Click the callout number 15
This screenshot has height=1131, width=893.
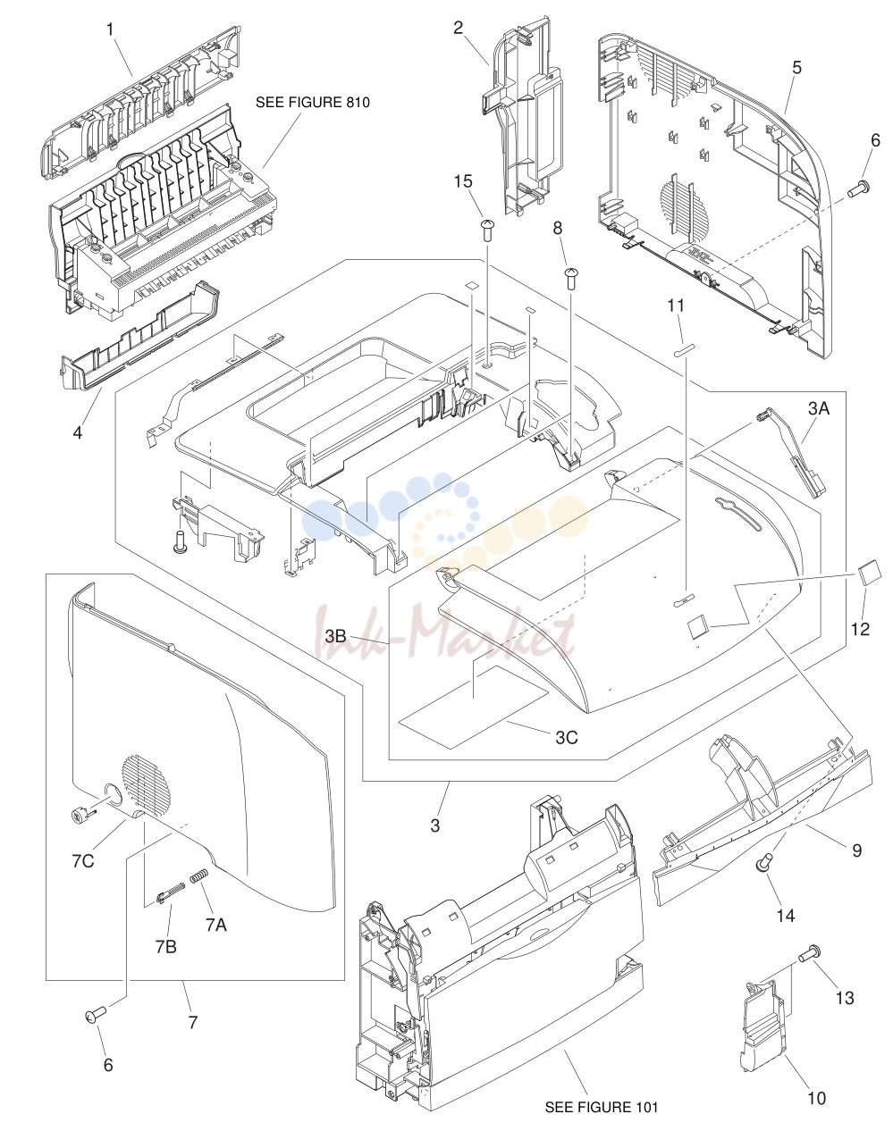pos(463,182)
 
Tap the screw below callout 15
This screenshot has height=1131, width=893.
pos(487,230)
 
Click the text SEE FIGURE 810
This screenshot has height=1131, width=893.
pos(312,103)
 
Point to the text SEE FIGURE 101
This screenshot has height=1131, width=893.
pos(601,1108)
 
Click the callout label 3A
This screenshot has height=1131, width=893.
pos(818,408)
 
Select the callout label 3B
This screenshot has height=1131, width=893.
pos(335,636)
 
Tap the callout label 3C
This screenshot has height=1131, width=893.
pos(567,737)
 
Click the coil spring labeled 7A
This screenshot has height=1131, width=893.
pos(198,875)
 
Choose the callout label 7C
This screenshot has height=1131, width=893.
pos(82,861)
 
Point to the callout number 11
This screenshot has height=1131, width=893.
pos(676,306)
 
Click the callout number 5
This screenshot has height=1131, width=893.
pos(796,68)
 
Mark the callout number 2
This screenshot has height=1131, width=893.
pos(458,28)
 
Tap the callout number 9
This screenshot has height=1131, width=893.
pos(856,850)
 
